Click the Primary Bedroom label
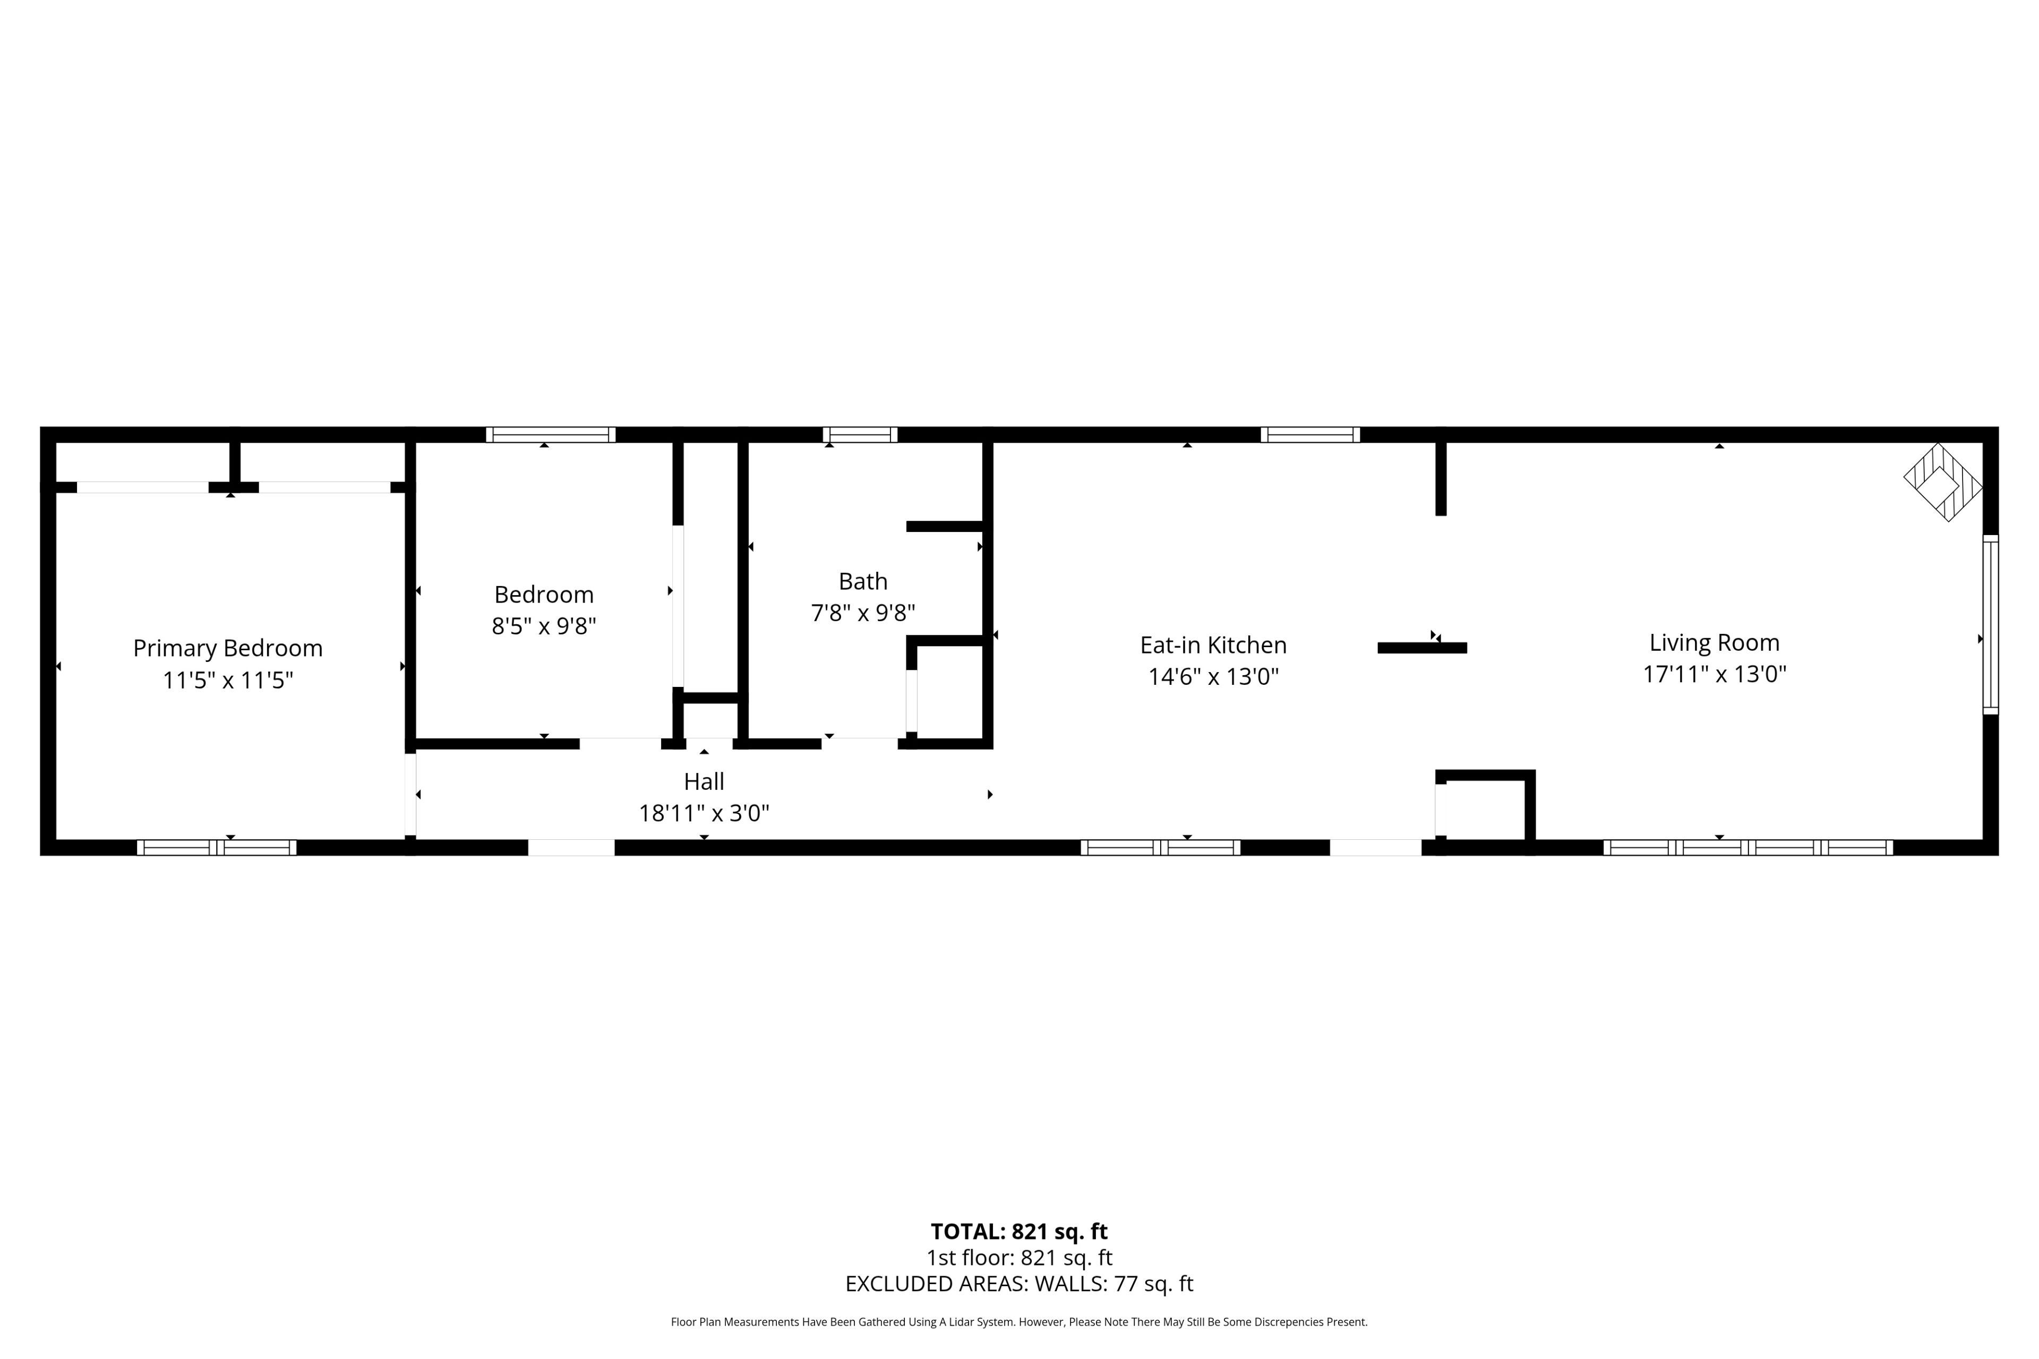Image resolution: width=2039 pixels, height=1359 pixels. pos(227,648)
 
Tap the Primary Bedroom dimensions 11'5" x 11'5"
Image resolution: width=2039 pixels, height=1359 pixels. pos(228,681)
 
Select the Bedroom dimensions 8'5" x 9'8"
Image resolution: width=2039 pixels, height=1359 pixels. pos(544,626)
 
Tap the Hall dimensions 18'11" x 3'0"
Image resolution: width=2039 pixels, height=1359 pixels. pos(704,813)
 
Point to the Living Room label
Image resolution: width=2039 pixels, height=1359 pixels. pos(1714,643)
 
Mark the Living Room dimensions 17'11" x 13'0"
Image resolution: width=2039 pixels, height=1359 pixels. pos(1715,674)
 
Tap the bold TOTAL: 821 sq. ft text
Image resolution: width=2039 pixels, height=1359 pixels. pos(1019,1232)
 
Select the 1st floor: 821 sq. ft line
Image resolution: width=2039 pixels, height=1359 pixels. pos(1019,1258)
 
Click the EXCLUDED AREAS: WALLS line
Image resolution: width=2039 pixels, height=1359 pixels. pos(1019,1284)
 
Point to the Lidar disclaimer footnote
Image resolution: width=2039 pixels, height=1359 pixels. pos(1019,1322)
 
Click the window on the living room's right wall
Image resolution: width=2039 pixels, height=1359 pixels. pos(1991,625)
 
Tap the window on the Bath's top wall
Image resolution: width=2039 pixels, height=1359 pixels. pos(860,434)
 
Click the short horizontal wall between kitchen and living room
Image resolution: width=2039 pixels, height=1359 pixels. pos(1422,648)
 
